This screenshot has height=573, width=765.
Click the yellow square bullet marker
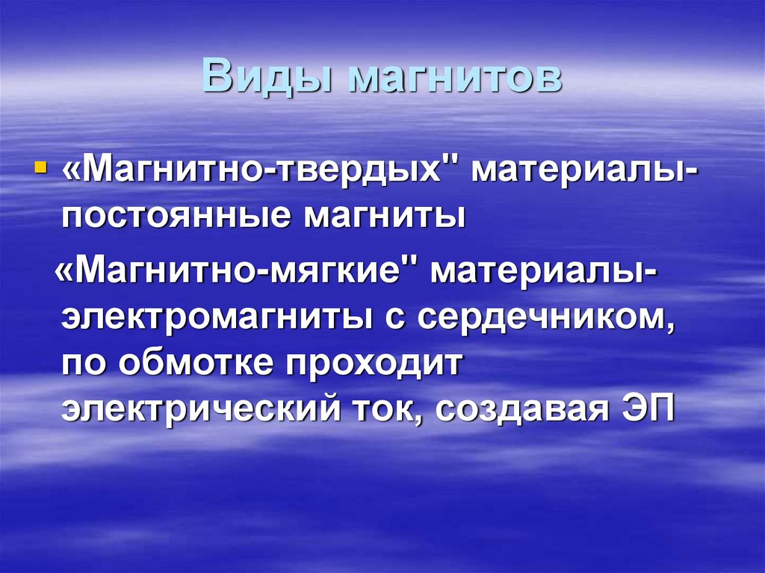40,164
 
